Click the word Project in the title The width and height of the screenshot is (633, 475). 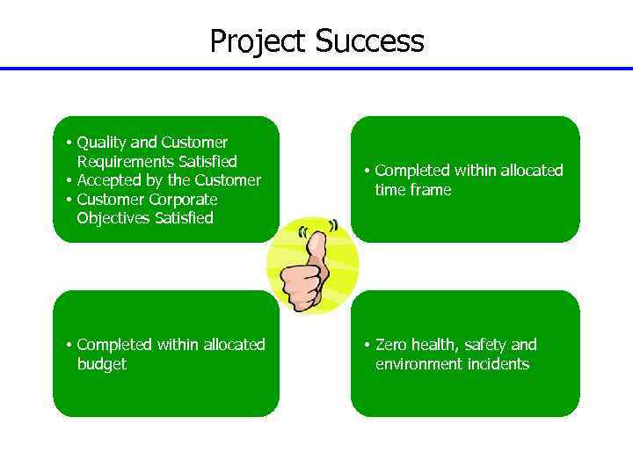(x=258, y=41)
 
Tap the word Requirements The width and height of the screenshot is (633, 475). (x=125, y=162)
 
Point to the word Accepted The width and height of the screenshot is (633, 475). (x=109, y=180)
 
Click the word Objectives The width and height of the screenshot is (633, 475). (x=113, y=218)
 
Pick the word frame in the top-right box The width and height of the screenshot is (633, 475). (x=431, y=190)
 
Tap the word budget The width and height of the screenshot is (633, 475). (x=101, y=364)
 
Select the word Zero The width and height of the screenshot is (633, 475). (x=392, y=345)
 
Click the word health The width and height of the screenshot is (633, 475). (x=437, y=345)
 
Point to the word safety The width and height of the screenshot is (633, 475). (x=488, y=345)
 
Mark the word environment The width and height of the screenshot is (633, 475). (x=418, y=364)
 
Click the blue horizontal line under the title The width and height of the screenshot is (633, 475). (x=316, y=69)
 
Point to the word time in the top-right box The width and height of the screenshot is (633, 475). (x=390, y=190)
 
